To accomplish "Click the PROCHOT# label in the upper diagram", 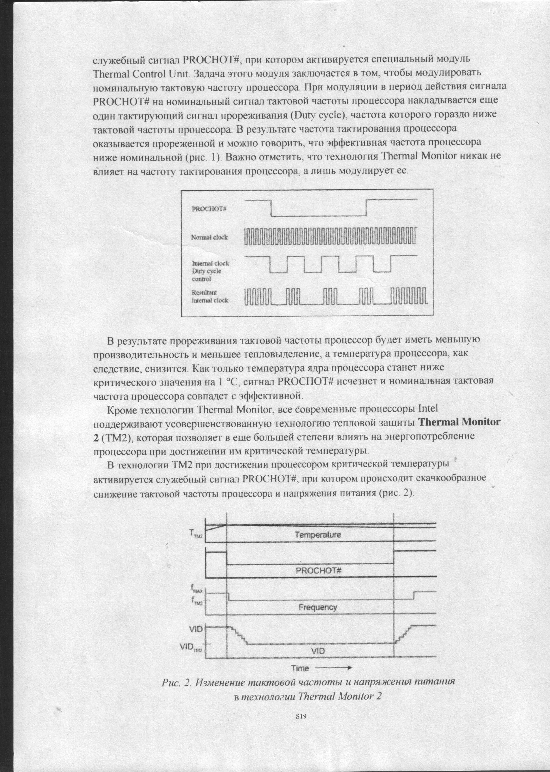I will click(x=209, y=209).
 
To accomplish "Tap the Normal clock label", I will click(x=209, y=237).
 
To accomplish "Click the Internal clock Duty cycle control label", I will click(x=210, y=271).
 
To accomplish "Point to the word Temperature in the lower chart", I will click(x=317, y=535).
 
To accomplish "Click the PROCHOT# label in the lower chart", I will click(x=318, y=571).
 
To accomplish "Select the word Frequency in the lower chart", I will click(x=317, y=607).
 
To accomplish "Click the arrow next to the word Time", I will click(x=334, y=668).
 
